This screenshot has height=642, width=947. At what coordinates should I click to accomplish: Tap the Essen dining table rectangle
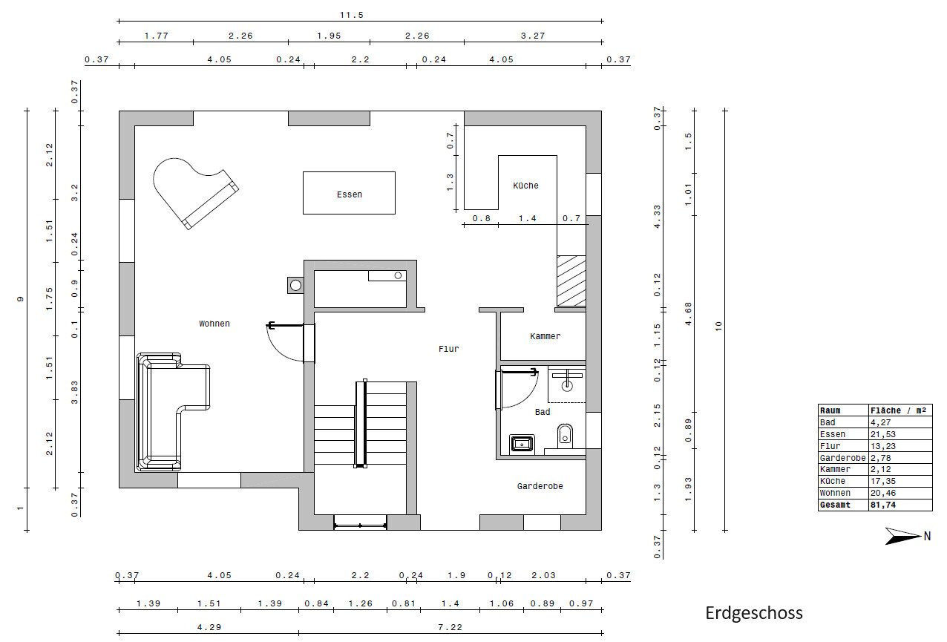point(349,193)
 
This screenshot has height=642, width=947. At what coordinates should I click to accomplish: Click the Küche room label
point(525,186)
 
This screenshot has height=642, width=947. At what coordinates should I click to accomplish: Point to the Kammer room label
point(545,336)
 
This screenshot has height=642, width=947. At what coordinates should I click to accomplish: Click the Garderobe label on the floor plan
point(540,486)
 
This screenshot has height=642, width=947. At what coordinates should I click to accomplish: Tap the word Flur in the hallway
point(448,349)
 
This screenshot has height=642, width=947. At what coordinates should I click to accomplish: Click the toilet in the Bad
point(565,436)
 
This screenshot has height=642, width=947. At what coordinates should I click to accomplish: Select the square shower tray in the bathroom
point(522,444)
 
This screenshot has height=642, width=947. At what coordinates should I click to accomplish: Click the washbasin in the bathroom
point(567,381)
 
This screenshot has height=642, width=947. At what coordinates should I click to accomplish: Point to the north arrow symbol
point(903,536)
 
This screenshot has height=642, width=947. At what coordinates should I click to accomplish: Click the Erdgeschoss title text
point(754,613)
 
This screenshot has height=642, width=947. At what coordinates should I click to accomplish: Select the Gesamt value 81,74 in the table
point(882,505)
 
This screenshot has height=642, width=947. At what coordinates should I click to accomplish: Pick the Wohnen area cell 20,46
point(882,493)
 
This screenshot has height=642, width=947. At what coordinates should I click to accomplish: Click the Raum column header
point(830,410)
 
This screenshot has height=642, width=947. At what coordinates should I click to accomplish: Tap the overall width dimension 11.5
point(351,16)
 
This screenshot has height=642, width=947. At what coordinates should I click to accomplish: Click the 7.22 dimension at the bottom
point(450,627)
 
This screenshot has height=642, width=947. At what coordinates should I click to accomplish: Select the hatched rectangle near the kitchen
point(571,281)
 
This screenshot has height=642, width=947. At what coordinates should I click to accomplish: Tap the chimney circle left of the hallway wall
point(295,286)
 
